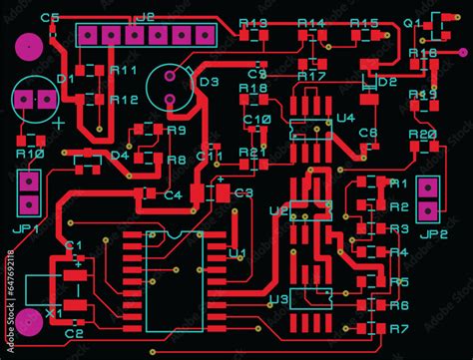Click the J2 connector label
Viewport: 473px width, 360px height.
[146, 17]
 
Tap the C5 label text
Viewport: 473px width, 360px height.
[51, 18]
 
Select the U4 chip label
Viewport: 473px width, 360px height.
[345, 118]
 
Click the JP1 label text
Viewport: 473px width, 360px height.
[25, 226]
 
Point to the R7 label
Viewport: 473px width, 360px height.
[399, 328]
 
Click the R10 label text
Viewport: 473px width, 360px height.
[30, 154]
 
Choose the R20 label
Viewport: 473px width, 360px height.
[423, 134]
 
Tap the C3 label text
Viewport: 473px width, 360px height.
[243, 192]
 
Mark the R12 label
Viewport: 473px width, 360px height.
[125, 100]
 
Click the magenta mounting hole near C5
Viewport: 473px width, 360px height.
[29, 46]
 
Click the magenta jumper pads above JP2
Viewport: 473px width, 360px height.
[430, 199]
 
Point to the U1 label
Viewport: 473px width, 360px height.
[237, 253]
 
